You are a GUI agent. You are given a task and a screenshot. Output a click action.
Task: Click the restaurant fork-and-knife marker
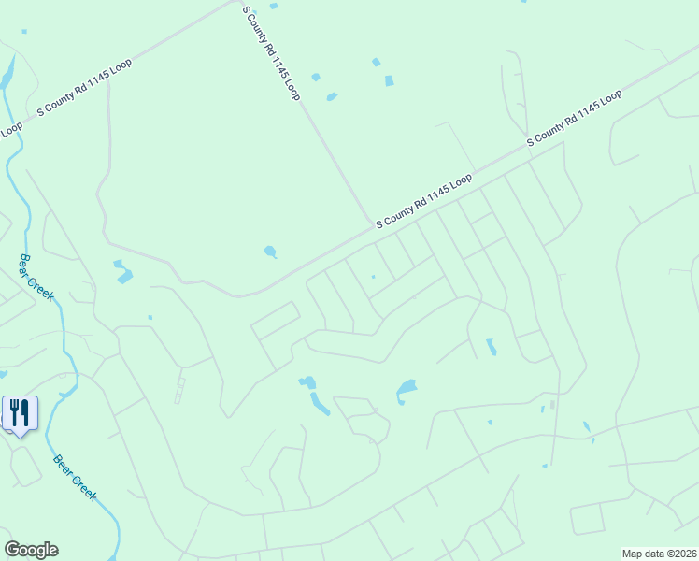(x=20, y=413)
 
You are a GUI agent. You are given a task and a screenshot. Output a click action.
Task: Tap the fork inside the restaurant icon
(x=15, y=410)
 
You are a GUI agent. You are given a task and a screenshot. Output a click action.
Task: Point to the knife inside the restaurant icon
(x=26, y=410)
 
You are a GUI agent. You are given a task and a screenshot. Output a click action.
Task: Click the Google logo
(x=31, y=549)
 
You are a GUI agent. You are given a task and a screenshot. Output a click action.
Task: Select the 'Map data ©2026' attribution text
(x=659, y=554)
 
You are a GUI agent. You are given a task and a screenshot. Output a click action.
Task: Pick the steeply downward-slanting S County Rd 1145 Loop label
(x=271, y=53)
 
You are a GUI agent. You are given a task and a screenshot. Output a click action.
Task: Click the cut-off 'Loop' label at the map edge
(x=10, y=129)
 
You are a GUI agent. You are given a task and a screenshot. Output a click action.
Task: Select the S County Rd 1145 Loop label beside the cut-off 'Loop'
(x=84, y=87)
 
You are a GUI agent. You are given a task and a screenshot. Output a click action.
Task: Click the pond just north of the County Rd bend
(x=270, y=252)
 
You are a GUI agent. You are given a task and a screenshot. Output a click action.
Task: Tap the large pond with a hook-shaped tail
(x=407, y=388)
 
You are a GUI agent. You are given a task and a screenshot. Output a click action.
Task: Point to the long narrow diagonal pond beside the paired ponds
(x=320, y=404)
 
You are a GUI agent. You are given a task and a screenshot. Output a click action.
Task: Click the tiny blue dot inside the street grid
(x=373, y=277)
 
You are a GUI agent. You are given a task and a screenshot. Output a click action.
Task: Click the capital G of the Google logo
(x=13, y=549)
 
